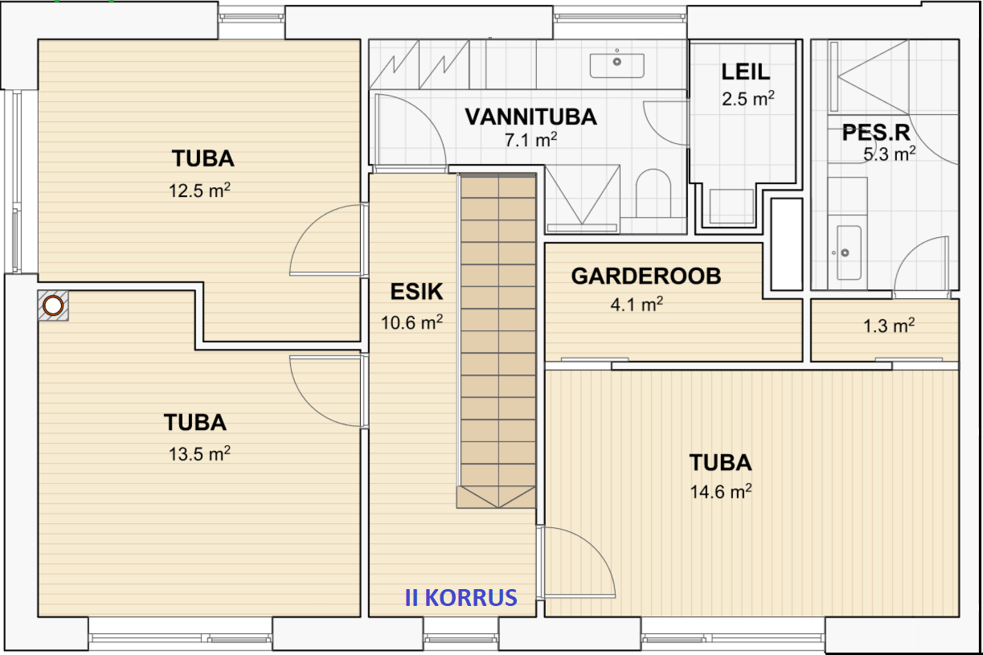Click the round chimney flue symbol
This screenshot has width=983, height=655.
point(53,305)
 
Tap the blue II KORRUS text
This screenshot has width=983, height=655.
point(461,597)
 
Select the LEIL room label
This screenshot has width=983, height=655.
point(746,72)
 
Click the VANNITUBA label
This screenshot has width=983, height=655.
point(531,117)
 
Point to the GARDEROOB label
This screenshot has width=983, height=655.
point(646,276)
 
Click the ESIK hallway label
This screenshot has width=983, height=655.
point(416,292)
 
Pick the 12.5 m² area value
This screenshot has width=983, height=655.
point(199,190)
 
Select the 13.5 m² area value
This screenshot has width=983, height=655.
point(199,453)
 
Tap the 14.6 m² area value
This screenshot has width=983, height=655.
point(721,491)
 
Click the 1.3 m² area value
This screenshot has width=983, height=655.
point(889,325)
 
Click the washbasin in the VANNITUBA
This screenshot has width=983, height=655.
point(617,65)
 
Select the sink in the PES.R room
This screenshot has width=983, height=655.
point(849,252)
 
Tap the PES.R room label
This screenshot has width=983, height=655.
point(876,133)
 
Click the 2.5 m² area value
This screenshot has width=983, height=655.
point(748,99)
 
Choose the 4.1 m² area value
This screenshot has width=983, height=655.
point(637,304)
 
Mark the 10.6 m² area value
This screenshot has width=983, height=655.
point(412,322)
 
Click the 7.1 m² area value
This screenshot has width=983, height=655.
point(531,140)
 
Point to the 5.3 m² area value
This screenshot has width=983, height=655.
point(890,154)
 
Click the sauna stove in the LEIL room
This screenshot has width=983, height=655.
point(731,206)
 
